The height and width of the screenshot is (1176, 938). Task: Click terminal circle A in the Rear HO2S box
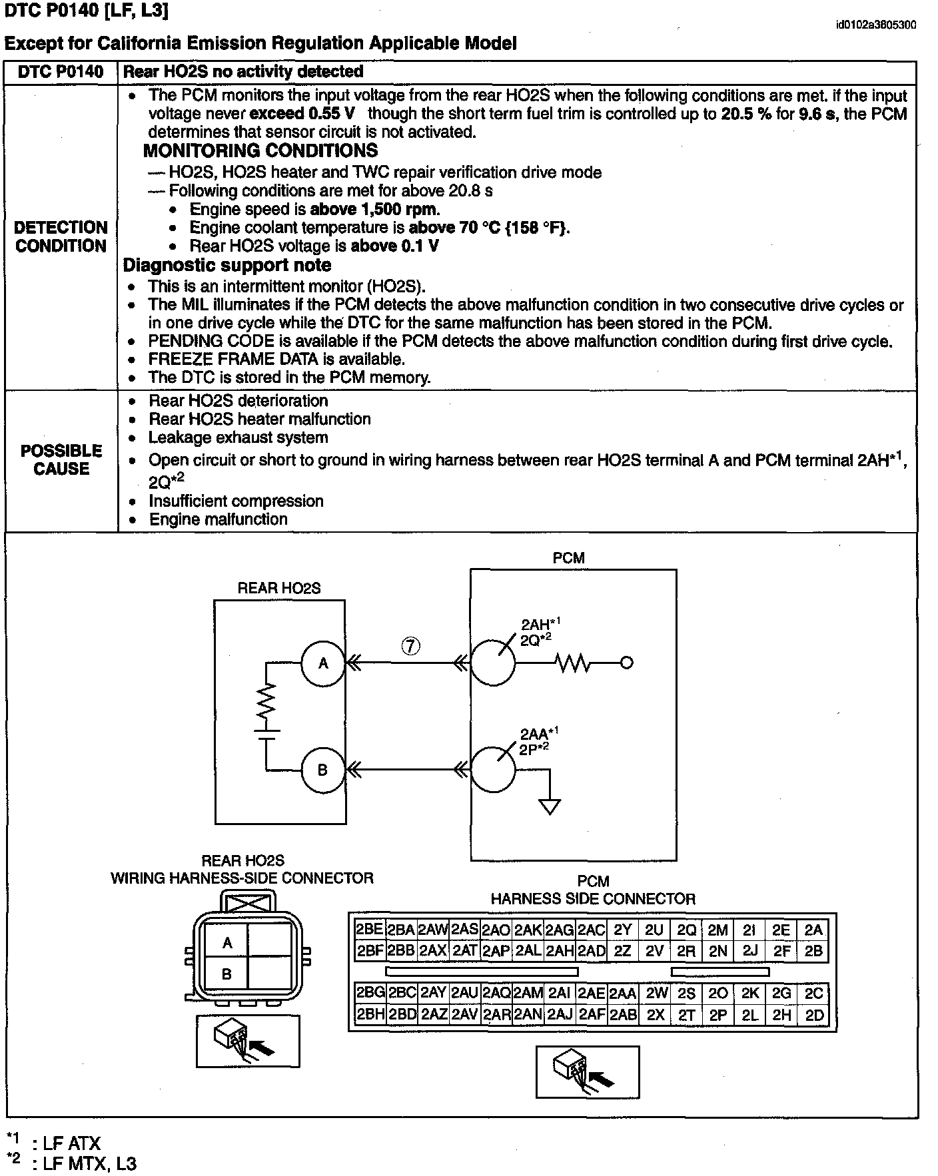coord(323,663)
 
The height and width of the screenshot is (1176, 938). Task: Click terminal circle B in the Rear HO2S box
coord(323,770)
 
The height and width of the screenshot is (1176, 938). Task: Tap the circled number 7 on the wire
coord(411,645)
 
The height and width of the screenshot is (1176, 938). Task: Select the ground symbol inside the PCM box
coord(550,806)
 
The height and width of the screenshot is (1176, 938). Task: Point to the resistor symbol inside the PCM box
coord(572,663)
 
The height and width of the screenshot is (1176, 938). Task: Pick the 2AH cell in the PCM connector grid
coord(560,951)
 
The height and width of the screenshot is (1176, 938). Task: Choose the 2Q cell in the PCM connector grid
coord(686,930)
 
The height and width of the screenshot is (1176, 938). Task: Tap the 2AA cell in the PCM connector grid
coord(623,994)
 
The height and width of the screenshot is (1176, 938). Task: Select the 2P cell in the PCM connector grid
coord(717,1016)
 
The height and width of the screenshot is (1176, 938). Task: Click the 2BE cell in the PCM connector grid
coord(369,930)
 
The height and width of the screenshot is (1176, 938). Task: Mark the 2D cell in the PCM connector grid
coord(814,1016)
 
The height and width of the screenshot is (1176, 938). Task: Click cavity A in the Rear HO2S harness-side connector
coord(227,943)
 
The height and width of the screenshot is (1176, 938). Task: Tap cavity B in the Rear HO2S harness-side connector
coord(227,974)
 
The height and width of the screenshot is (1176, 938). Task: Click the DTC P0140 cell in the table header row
coord(61,72)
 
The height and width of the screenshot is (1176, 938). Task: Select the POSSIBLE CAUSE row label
coord(61,459)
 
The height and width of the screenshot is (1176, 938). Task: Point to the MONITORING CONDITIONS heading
coord(260,150)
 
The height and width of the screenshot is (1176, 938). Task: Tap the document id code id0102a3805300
coord(875,25)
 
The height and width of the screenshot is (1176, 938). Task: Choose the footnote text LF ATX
coord(71,1144)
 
